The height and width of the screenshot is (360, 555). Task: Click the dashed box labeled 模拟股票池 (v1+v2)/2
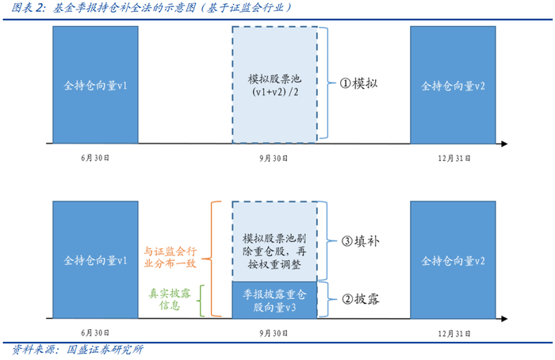pyautogui.click(x=275, y=85)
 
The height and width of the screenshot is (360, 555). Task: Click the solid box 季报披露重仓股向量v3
pyautogui.click(x=275, y=299)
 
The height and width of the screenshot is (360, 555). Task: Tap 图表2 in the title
pyautogui.click(x=25, y=9)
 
